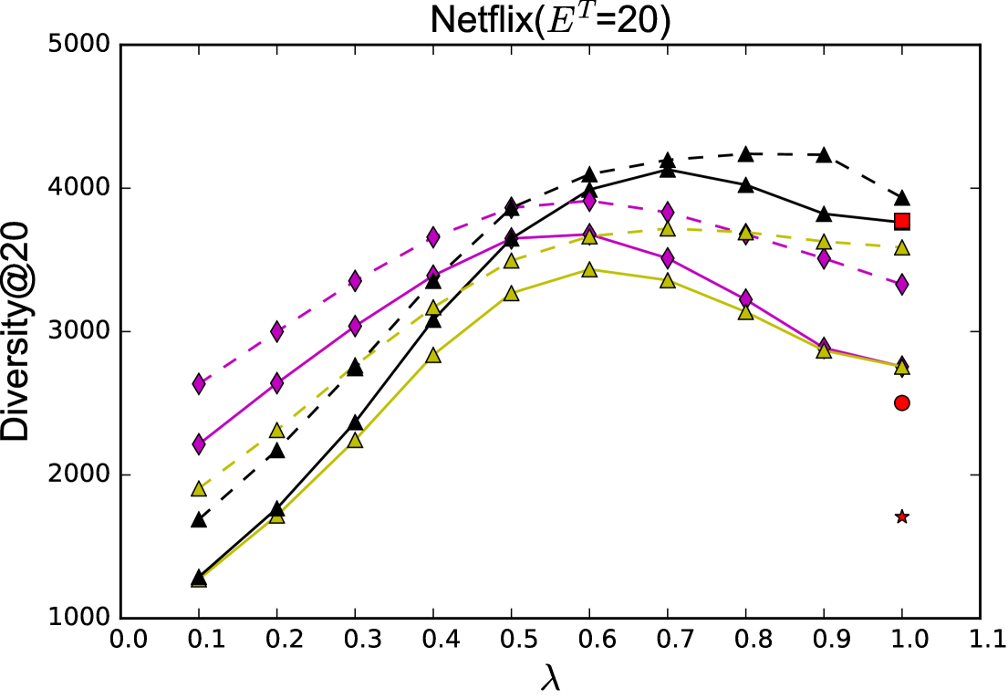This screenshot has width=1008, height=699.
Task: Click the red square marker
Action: [901, 221]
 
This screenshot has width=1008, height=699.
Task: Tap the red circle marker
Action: [901, 402]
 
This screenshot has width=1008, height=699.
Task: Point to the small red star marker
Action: [901, 516]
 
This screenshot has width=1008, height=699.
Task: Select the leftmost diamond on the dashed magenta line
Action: [199, 384]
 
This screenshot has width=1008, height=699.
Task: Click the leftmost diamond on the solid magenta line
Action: [199, 444]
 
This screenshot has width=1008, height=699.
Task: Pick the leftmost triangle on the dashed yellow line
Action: [199, 489]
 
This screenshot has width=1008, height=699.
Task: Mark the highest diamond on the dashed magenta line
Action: [589, 201]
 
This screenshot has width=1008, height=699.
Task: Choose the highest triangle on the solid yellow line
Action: [589, 270]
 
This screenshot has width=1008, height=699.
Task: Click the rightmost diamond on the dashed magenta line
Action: [901, 285]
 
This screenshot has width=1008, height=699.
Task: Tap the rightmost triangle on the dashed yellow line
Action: [901, 248]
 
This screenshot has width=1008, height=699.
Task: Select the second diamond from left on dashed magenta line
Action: [276, 331]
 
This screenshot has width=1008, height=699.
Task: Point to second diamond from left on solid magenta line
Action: [276, 383]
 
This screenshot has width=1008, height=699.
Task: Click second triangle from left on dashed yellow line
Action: [276, 431]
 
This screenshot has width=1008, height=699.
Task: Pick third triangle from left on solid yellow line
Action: [355, 441]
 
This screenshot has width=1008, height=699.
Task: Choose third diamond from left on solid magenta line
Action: [355, 327]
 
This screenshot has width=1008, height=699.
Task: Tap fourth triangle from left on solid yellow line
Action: [433, 356]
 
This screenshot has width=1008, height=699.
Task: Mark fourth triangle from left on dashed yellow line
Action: [433, 308]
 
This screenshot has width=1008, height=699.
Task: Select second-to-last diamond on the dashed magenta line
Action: [824, 259]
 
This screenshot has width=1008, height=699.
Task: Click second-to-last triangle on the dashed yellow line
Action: [824, 242]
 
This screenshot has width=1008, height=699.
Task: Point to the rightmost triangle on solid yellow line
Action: [901, 368]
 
